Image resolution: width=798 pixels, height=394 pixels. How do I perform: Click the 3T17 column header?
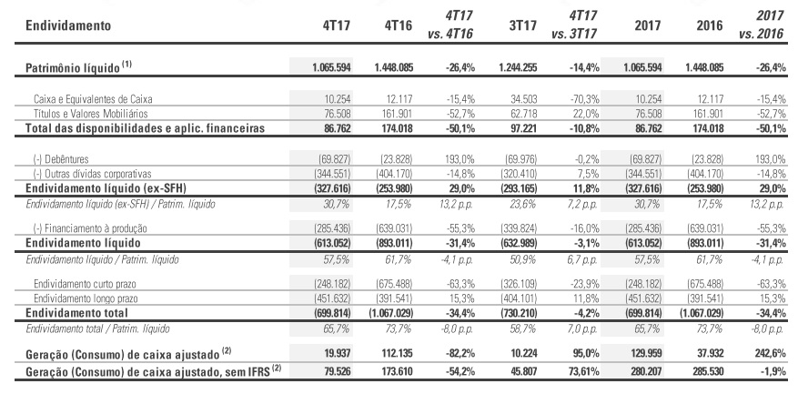click(522, 25)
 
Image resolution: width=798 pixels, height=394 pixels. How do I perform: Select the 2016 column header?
click(708, 25)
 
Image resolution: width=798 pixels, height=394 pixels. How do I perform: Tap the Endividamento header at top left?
click(68, 25)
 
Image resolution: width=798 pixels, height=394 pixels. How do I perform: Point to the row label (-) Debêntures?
click(61, 159)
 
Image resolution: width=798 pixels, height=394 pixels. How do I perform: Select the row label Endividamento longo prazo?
click(86, 298)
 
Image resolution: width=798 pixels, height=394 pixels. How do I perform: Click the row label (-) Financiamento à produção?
click(90, 228)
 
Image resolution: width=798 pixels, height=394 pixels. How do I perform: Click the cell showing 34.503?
click(522, 99)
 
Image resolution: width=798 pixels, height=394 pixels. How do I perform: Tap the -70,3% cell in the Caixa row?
click(585, 99)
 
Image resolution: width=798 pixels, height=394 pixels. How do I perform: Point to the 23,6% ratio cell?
click(524, 204)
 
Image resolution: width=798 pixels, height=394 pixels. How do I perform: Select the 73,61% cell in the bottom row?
click(583, 371)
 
